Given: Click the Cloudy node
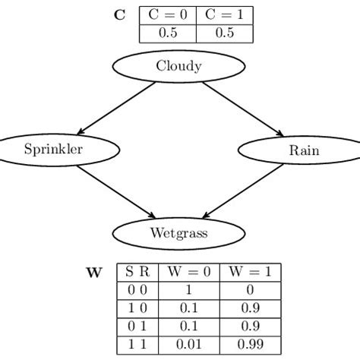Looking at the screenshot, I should pyautogui.click(x=179, y=66).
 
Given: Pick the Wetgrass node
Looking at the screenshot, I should pyautogui.click(x=179, y=233).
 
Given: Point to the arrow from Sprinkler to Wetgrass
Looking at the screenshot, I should pyautogui.click(x=115, y=191).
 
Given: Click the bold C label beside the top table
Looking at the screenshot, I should pyautogui.click(x=119, y=14).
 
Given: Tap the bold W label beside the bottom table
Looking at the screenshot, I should pyautogui.click(x=93, y=271).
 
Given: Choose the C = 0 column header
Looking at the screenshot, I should pyautogui.click(x=168, y=15).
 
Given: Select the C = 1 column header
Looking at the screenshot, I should pyautogui.click(x=224, y=15).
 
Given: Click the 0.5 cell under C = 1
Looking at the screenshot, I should pyautogui.click(x=224, y=33).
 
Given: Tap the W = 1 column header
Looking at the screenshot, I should pyautogui.click(x=251, y=272).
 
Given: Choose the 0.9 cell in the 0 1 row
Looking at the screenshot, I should pyautogui.click(x=251, y=327).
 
